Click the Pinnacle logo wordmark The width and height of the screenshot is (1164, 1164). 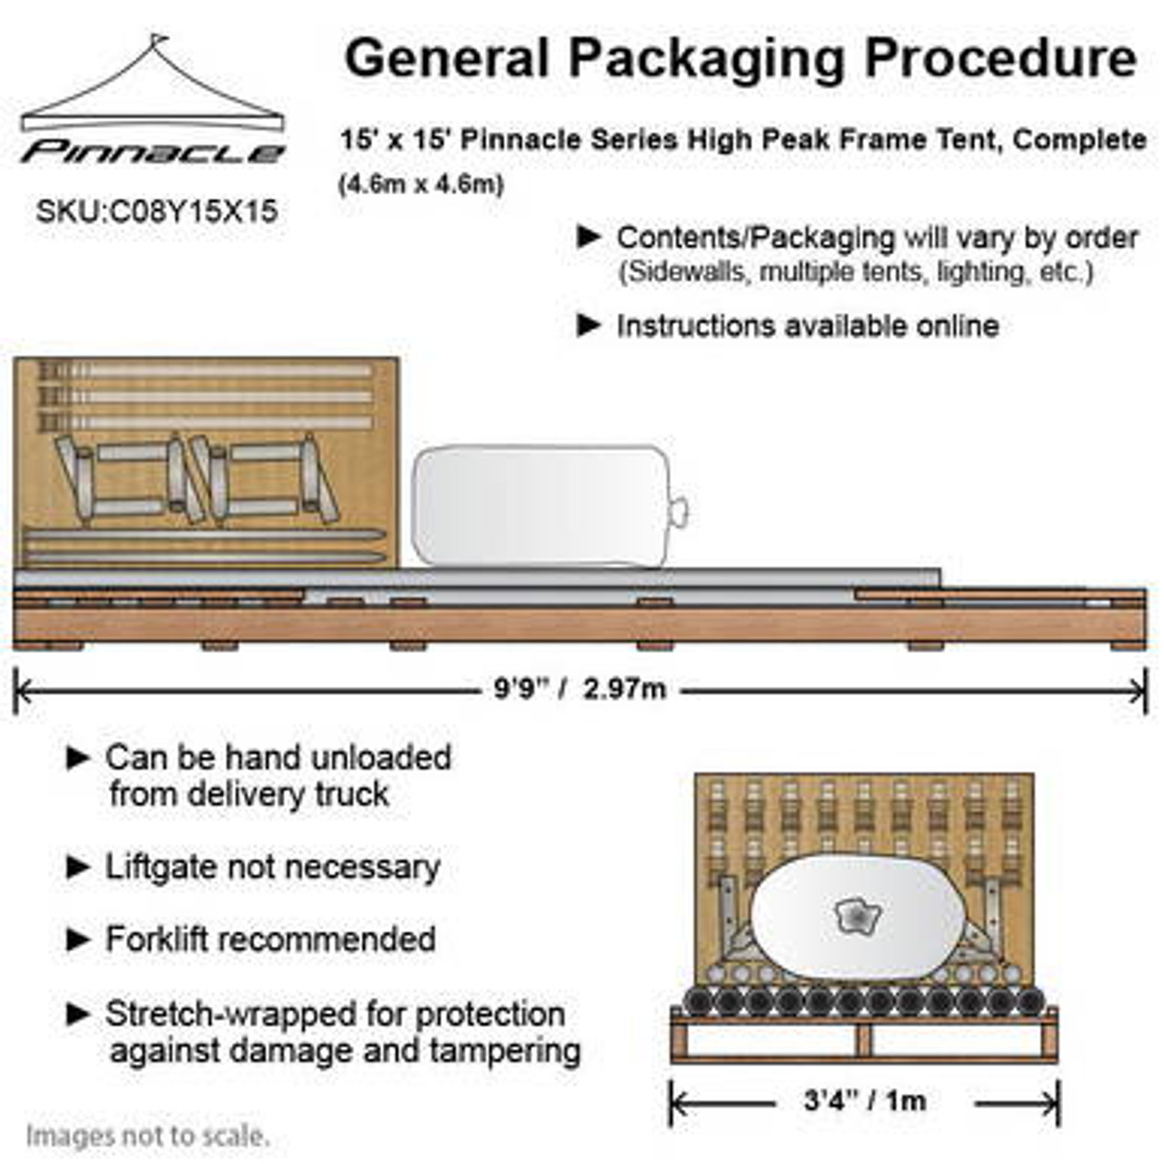(153, 152)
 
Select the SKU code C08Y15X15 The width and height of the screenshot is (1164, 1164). (156, 212)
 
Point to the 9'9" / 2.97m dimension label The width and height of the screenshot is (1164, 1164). (579, 689)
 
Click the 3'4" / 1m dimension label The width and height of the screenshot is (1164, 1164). (865, 1101)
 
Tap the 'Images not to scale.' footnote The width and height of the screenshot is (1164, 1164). (147, 1136)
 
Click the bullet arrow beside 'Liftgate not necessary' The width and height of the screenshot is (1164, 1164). (79, 868)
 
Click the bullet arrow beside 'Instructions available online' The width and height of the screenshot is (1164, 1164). (589, 325)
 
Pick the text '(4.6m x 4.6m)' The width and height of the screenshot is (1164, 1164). (421, 185)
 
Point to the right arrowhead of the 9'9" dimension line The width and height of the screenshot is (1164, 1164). (1141, 691)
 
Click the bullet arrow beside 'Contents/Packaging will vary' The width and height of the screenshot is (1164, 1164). (589, 237)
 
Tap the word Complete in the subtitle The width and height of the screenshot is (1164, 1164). (1079, 140)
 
